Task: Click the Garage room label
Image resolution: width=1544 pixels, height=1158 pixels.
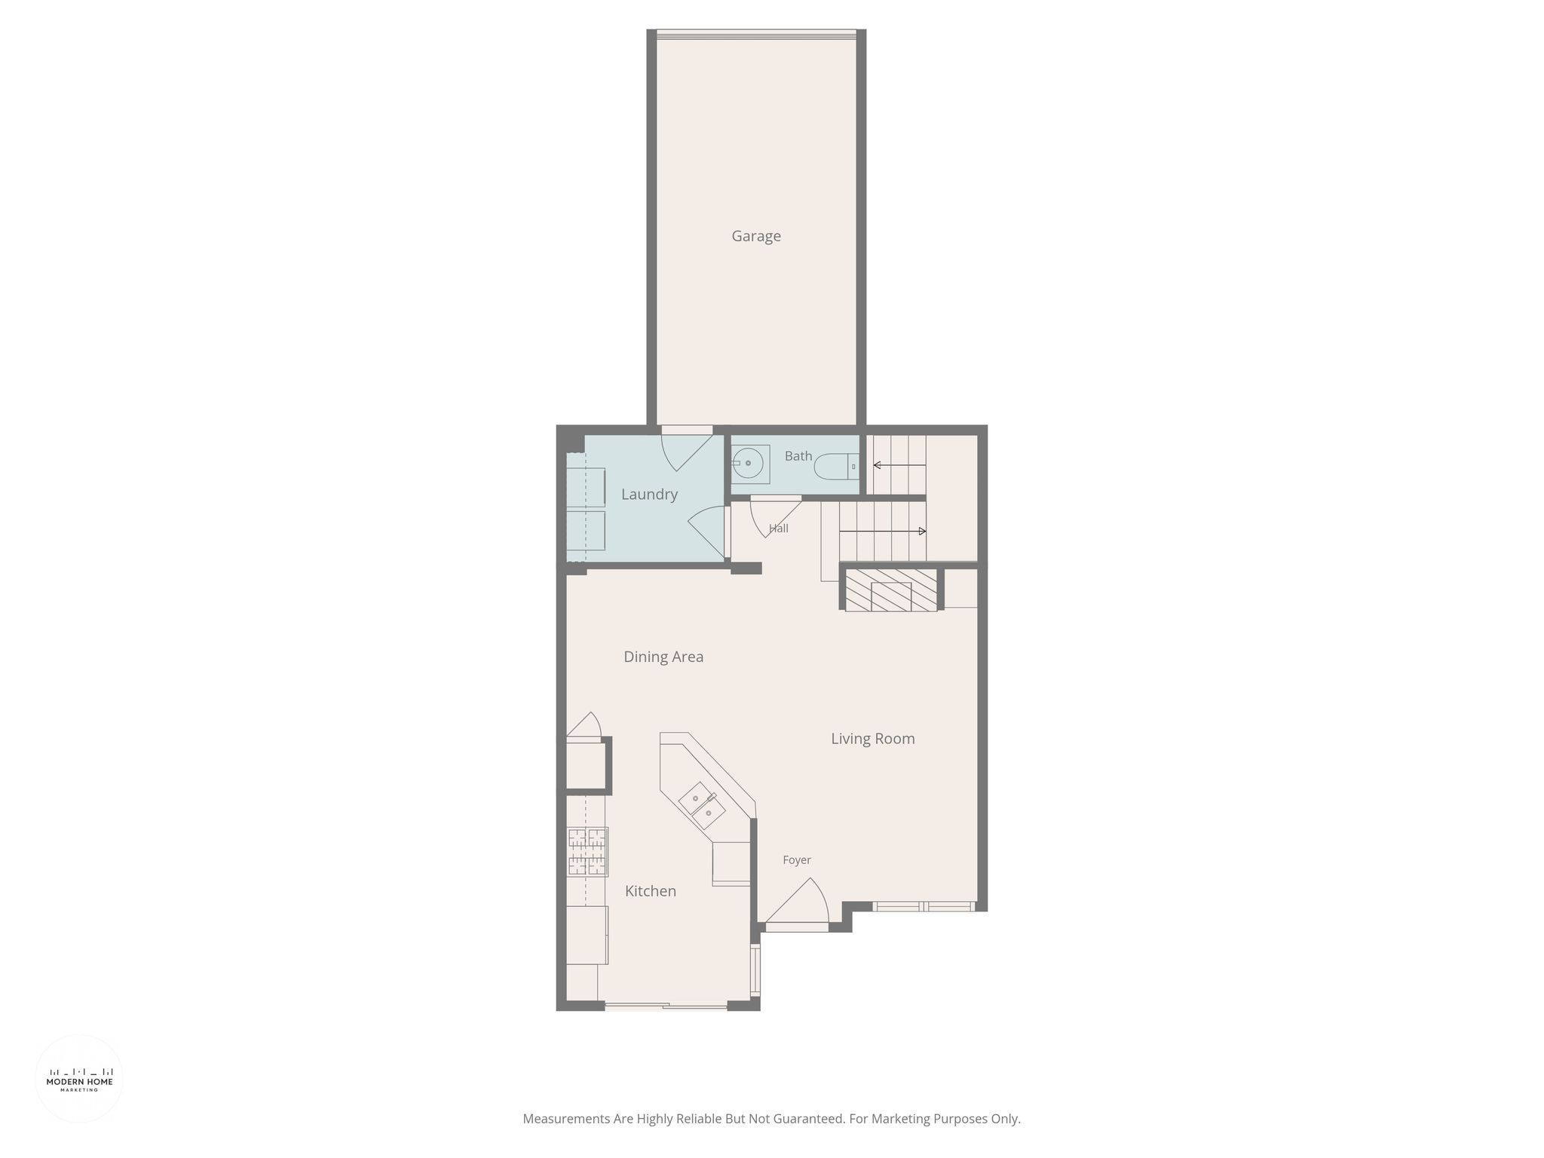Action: (756, 237)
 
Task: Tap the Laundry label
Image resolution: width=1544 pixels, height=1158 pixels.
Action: (649, 495)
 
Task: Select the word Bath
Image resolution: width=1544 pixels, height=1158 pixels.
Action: (798, 456)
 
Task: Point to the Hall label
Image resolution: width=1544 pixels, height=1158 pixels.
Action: (779, 528)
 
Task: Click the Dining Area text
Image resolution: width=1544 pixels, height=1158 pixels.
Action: (663, 657)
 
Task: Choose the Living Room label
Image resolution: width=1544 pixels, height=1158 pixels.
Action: (873, 739)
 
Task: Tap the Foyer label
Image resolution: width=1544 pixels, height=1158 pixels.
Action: (797, 860)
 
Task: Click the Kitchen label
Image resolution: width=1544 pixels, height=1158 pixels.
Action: (651, 891)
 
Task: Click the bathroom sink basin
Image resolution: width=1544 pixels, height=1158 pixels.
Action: (748, 463)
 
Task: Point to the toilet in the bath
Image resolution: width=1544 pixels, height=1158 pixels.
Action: (836, 467)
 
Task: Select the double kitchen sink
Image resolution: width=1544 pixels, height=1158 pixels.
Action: (702, 806)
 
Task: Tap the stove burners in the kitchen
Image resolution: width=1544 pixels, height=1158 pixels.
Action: (587, 852)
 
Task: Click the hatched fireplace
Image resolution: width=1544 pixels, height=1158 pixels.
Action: (891, 590)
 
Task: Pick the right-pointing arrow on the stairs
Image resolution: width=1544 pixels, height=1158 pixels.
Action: (882, 532)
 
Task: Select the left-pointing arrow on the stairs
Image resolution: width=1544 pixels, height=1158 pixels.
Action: (899, 465)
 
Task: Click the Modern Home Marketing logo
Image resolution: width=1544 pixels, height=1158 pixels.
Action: (79, 1079)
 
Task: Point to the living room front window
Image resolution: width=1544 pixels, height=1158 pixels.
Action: (924, 906)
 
